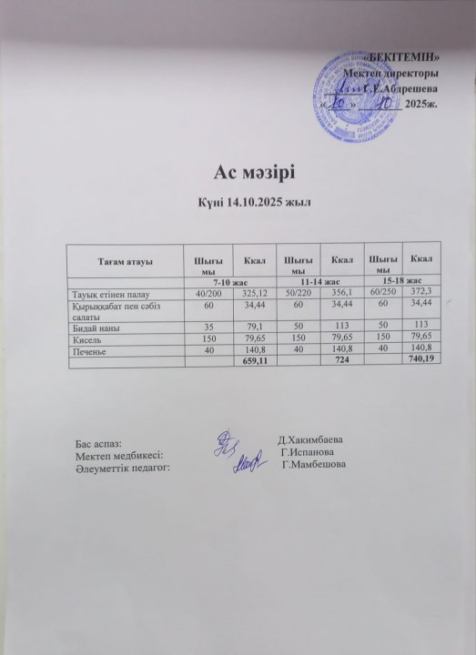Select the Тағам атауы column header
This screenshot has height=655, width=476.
coord(126,261)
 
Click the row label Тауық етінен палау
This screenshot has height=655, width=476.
coord(108,293)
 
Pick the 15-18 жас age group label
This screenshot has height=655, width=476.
coord(400,282)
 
